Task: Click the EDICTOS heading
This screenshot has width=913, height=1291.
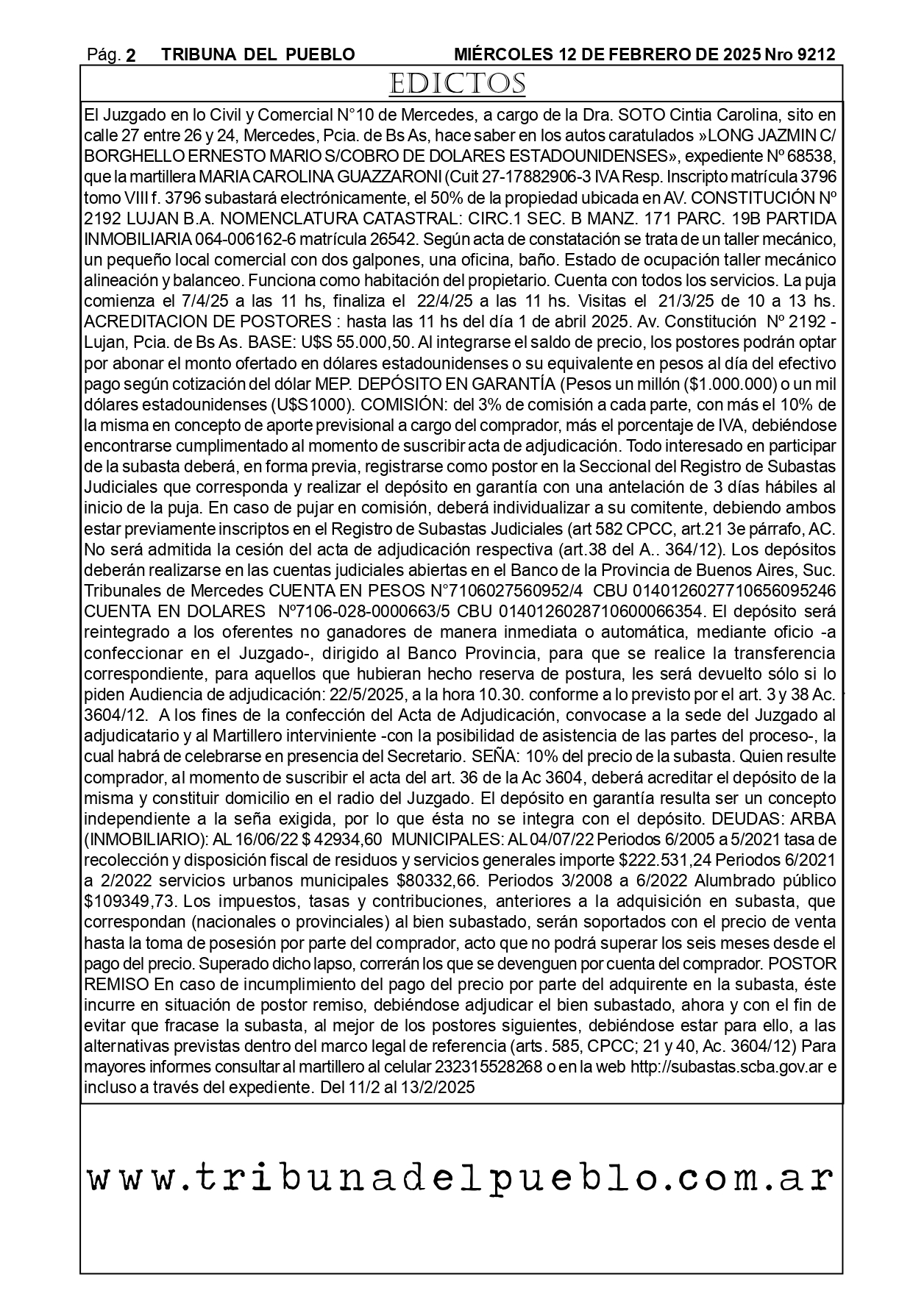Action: [x=457, y=84]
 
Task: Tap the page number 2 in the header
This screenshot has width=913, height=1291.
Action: [x=131, y=55]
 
